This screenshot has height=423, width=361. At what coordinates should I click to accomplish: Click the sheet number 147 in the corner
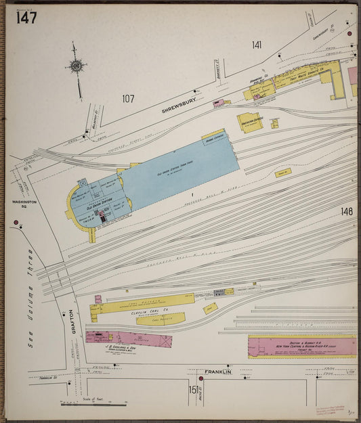point(27,17)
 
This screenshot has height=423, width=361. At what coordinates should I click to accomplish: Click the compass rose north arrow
point(76,66)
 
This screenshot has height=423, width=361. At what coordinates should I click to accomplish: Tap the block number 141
point(257,45)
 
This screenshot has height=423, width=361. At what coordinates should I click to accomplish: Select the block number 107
point(128,99)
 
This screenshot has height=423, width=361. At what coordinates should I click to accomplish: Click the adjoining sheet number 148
point(347,212)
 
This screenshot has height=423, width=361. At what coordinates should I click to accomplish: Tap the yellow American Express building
point(249,122)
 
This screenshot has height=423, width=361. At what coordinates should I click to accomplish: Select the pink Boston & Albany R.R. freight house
point(302,347)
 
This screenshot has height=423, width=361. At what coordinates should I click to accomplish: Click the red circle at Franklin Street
point(200,378)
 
